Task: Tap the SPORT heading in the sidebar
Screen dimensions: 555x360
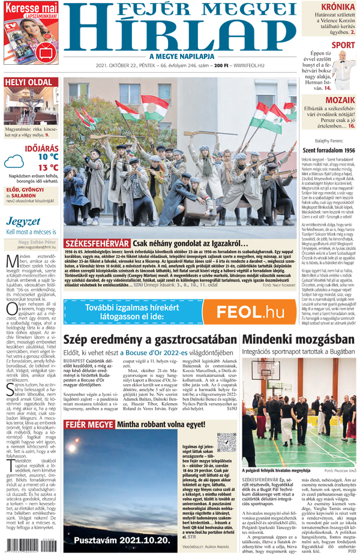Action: [x=343, y=45]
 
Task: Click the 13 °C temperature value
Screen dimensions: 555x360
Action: [x=48, y=167]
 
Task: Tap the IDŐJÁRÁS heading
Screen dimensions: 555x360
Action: [x=41, y=147]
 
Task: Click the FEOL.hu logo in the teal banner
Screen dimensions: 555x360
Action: [x=250, y=312]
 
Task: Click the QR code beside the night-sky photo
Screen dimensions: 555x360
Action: [x=227, y=442]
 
